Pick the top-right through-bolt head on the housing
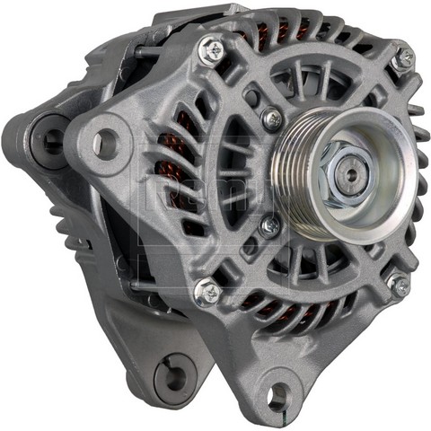click(405, 57)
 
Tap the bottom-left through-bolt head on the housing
click(207, 289)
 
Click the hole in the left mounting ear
click(106, 140)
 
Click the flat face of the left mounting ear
click(126, 171)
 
